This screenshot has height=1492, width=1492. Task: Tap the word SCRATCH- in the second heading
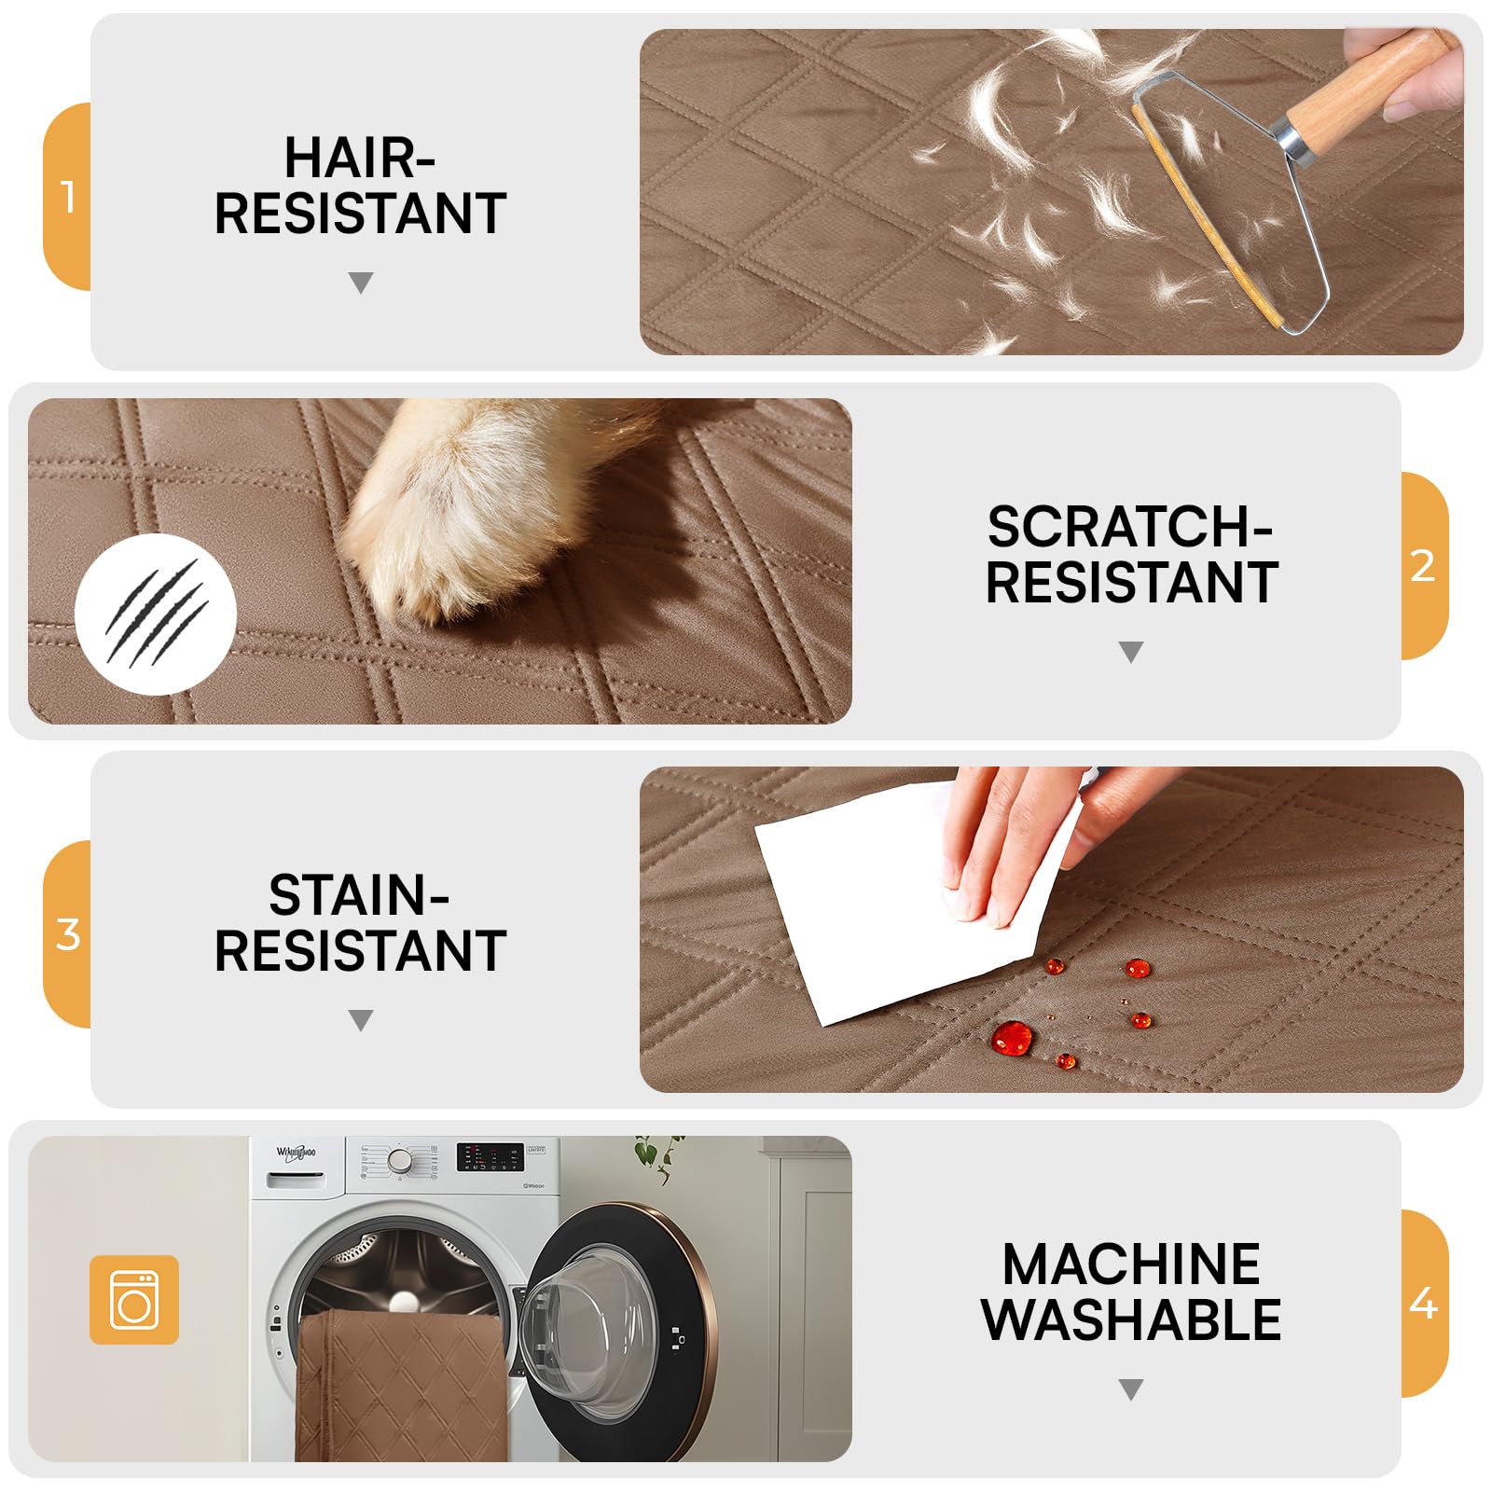coord(1130,527)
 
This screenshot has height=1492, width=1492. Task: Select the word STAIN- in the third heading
coord(360,895)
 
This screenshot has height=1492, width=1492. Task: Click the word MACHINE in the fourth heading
coord(1131,1264)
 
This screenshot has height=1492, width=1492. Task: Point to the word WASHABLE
coord(1131,1319)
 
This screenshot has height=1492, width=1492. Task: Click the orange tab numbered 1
coord(67,197)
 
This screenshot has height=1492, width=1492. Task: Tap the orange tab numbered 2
coord(1424,566)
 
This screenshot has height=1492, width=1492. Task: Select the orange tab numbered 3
coord(67,934)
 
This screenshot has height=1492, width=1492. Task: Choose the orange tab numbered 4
coord(1424,1304)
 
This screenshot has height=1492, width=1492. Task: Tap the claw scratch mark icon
coord(156,615)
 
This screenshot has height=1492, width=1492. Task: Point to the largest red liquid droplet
coord(1012,1037)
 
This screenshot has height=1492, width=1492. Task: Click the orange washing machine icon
coord(134,1300)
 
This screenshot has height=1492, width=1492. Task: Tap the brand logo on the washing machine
coord(297,1154)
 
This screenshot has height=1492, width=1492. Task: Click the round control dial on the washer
coord(400,1160)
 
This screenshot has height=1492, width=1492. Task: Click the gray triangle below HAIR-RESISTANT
coord(361,283)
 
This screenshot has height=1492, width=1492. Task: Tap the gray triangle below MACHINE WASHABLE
coord(1131,1389)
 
